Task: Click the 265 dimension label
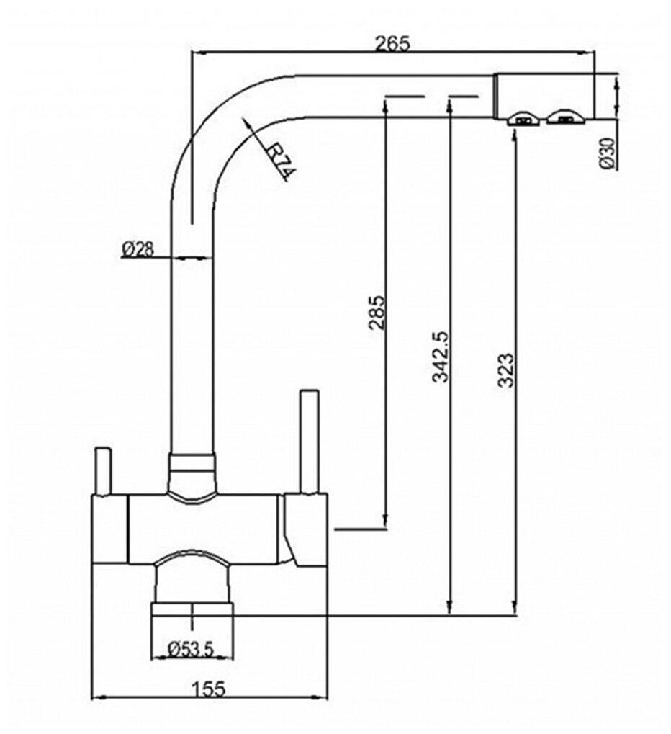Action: (392, 43)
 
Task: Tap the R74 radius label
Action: (279, 162)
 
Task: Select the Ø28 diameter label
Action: (138, 249)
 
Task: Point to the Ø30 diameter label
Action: (607, 153)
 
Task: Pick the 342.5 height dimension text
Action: (439, 357)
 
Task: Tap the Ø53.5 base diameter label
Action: (192, 649)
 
